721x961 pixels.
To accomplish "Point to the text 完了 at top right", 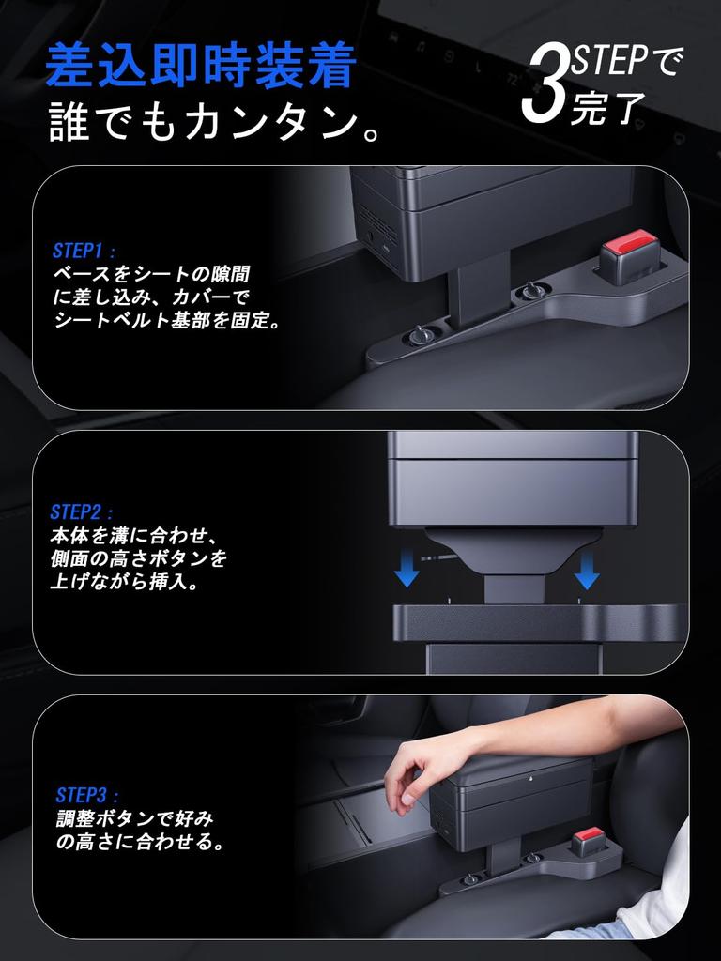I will pyautogui.click(x=607, y=109).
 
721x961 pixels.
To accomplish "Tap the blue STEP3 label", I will pyautogui.click(x=87, y=794).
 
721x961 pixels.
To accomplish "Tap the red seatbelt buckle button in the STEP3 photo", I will pyautogui.click(x=592, y=835).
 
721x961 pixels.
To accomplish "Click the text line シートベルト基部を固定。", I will pyautogui.click(x=167, y=321).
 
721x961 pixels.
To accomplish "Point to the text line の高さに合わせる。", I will pyautogui.click(x=140, y=843).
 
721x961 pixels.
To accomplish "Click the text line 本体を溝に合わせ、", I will pyautogui.click(x=134, y=537).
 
